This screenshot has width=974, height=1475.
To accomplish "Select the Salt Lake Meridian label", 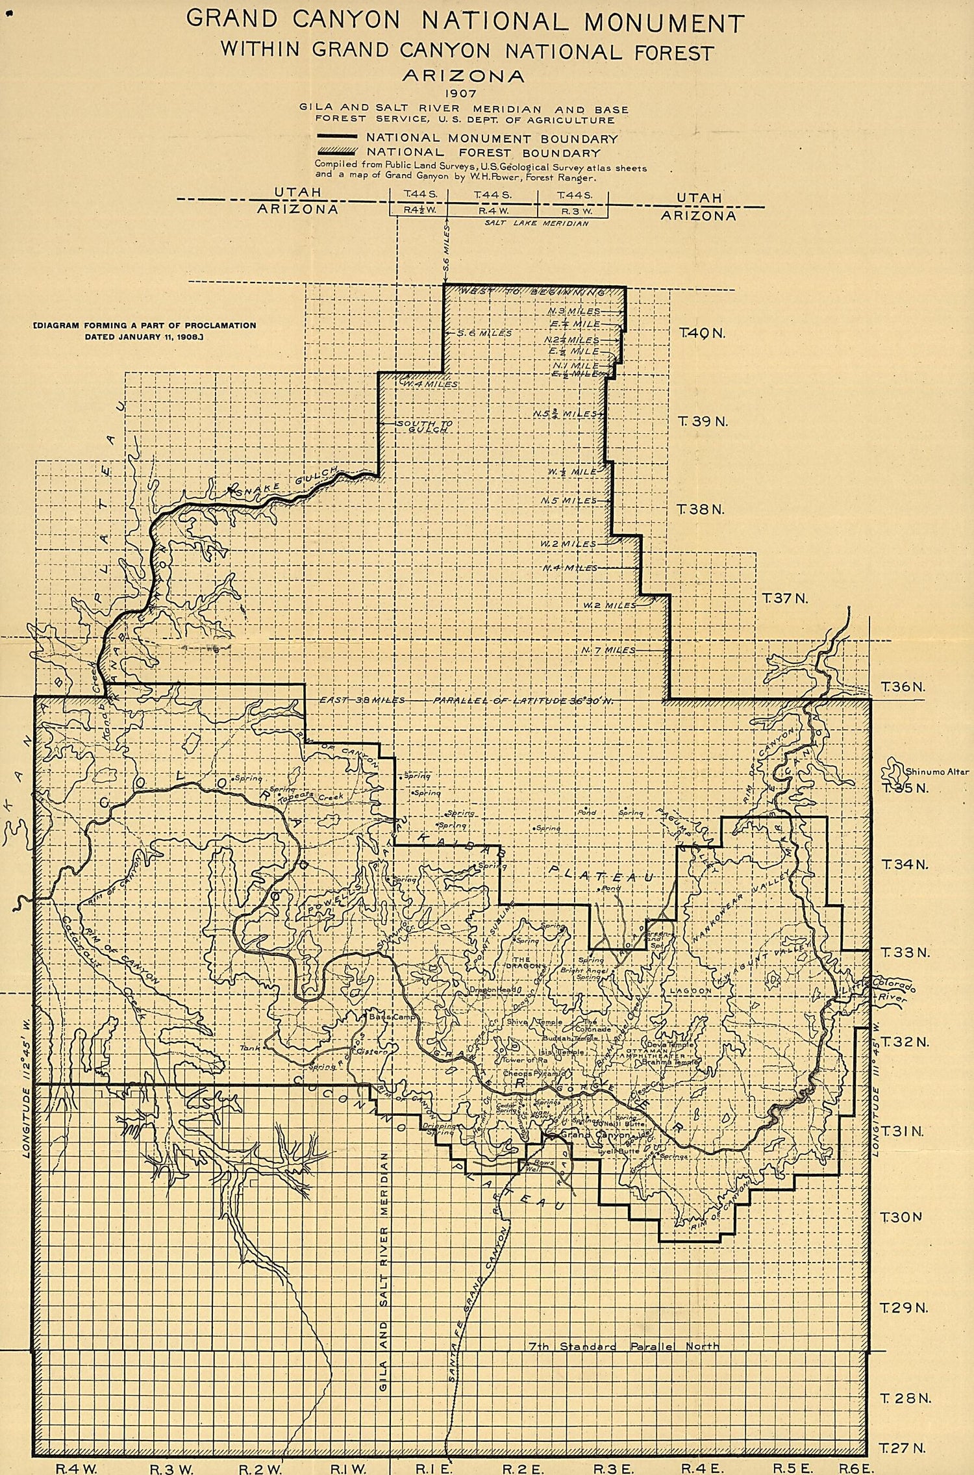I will tap(536, 223).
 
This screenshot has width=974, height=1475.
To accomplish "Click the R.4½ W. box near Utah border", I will tap(418, 210).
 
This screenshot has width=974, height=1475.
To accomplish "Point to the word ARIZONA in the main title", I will tap(463, 75).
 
